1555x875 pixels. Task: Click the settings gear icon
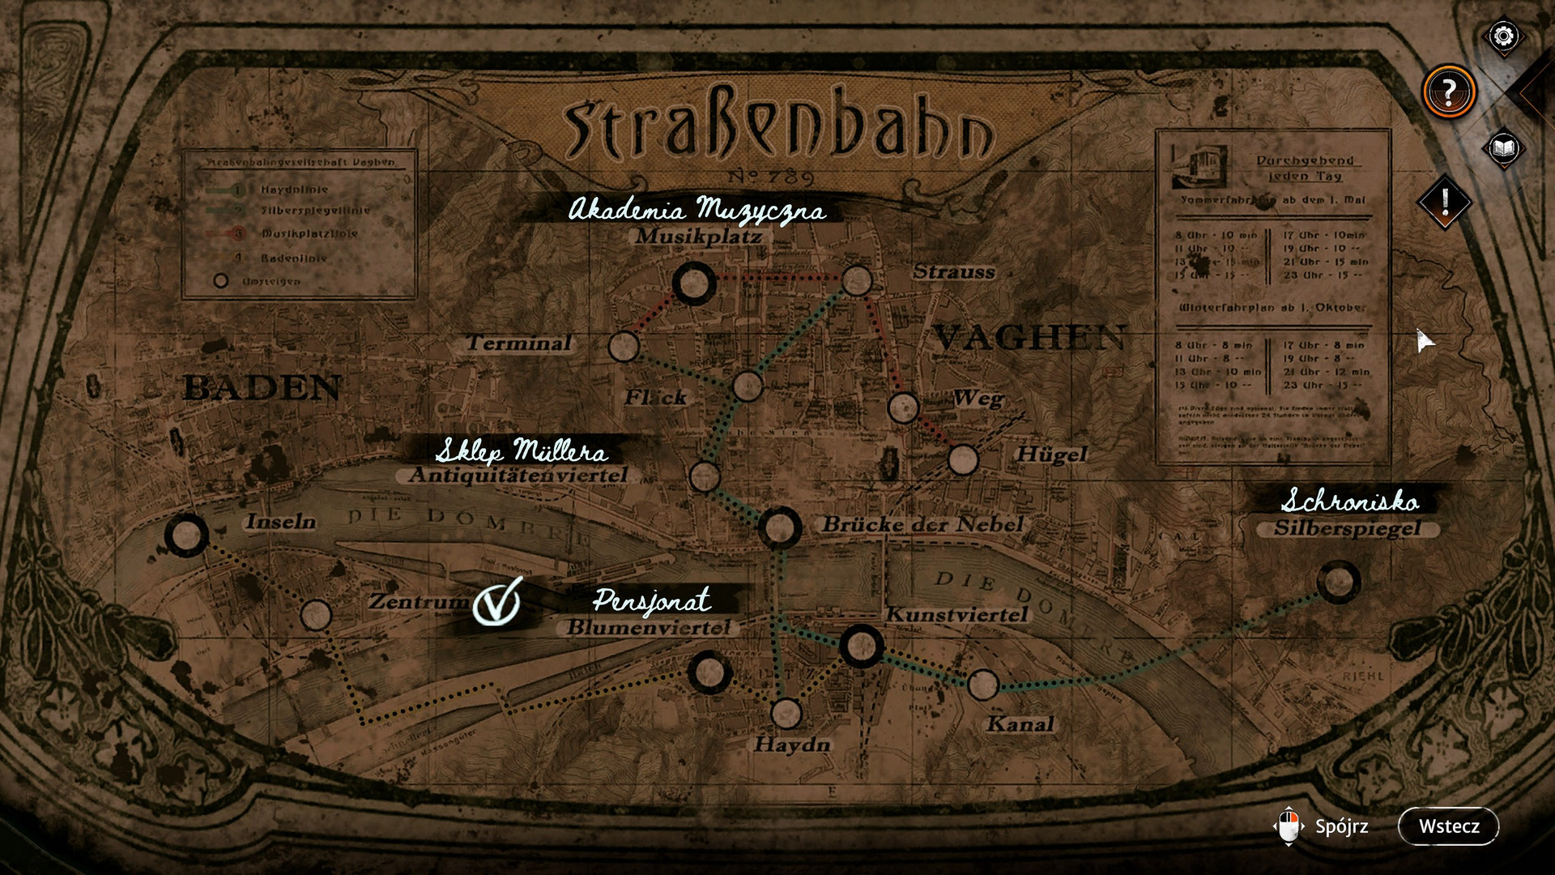[1503, 36]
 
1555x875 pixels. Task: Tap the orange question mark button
[1449, 92]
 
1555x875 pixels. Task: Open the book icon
[1503, 148]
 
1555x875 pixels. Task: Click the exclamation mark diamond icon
[1445, 201]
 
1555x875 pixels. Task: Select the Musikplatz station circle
[694, 284]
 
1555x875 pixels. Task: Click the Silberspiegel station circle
[1338, 582]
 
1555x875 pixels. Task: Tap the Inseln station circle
[186, 535]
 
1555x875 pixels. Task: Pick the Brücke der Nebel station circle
[780, 527]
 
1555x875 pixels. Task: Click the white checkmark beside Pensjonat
[496, 601]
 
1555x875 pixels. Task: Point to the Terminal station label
[519, 343]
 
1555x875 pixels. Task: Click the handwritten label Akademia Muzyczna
[697, 210]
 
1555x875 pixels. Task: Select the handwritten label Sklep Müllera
[522, 450]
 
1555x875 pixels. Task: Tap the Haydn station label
[792, 744]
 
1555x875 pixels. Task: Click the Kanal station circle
[982, 685]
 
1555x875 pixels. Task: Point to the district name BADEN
[262, 388]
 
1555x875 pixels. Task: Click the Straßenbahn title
[777, 130]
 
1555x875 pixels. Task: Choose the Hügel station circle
[963, 459]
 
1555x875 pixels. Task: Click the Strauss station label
[953, 272]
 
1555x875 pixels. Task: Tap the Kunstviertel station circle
[860, 646]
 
